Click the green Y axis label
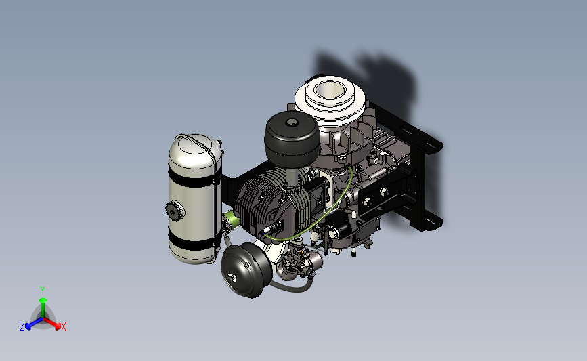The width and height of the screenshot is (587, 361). (x=43, y=291)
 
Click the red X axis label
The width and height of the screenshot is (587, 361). (x=63, y=326)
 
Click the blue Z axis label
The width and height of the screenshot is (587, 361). (x=22, y=326)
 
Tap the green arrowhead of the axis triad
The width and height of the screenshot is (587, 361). (x=43, y=300)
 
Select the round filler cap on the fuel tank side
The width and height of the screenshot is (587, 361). (x=173, y=211)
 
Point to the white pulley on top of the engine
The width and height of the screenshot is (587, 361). (x=330, y=98)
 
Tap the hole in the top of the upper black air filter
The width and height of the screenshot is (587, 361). (x=292, y=122)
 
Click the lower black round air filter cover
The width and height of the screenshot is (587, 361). (x=246, y=270)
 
